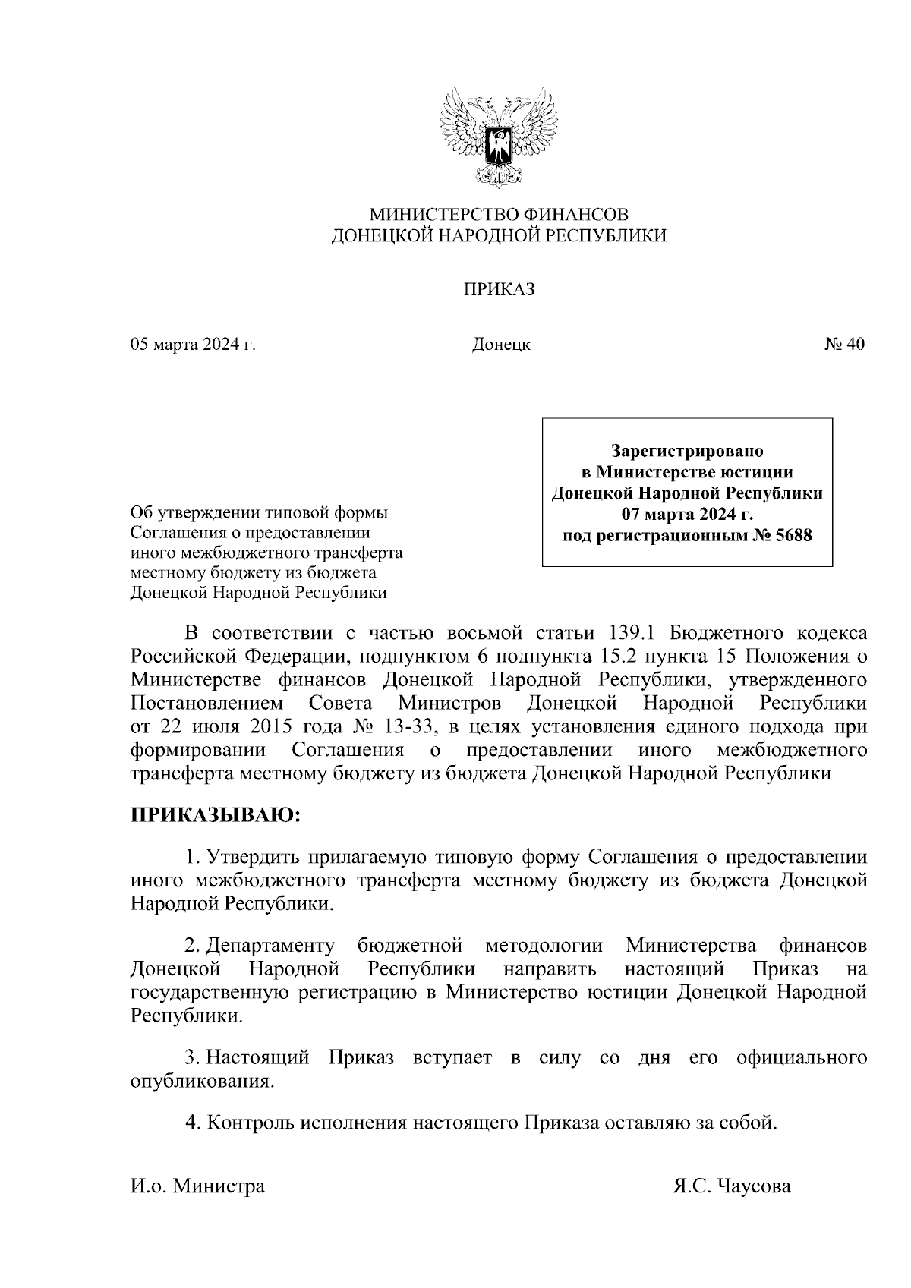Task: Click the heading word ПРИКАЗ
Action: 499,289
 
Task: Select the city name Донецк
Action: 500,345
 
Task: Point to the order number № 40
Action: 843,345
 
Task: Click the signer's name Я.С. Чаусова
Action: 731,1186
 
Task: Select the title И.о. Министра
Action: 197,1186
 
